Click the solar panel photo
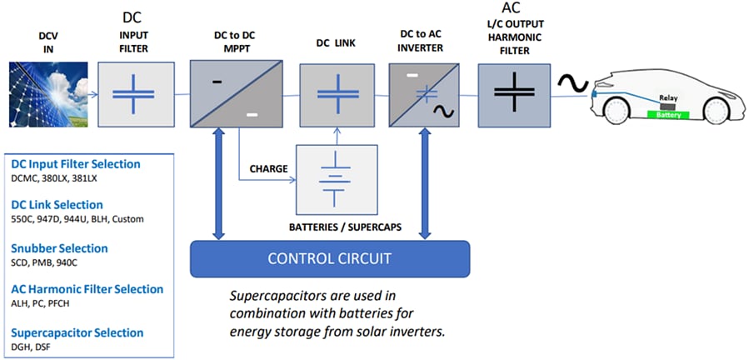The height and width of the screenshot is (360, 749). click(x=45, y=98)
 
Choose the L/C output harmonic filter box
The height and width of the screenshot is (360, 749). click(x=514, y=98)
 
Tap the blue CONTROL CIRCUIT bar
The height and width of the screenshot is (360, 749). click(x=330, y=258)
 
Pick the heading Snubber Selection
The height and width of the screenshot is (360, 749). click(x=59, y=248)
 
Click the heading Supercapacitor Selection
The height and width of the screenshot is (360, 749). click(x=77, y=332)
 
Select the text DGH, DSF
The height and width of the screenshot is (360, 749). click(x=30, y=347)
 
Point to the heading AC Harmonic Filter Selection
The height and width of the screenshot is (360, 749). click(x=87, y=289)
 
